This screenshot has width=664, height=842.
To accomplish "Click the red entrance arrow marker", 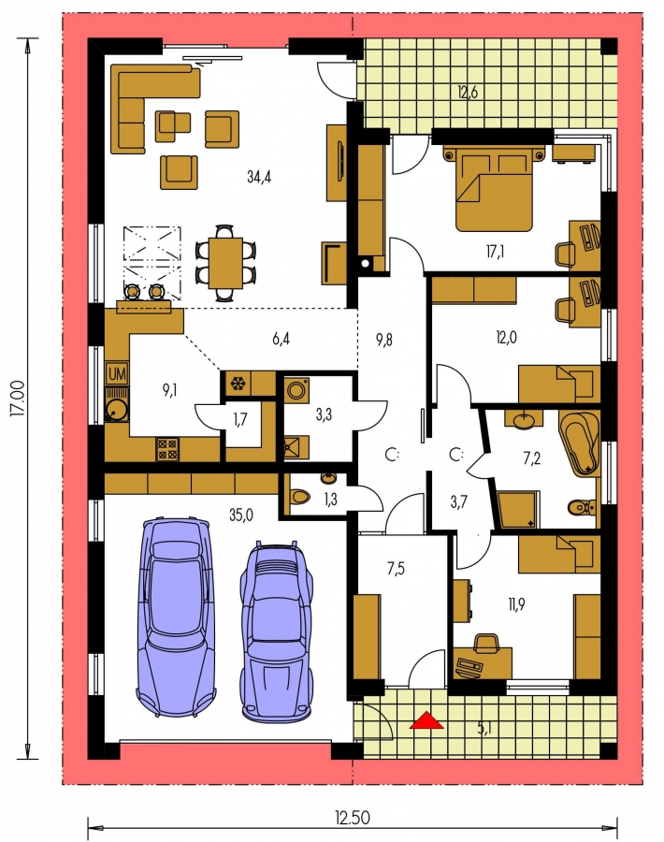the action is [426, 720].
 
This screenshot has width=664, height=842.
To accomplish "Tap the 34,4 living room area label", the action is [259, 177].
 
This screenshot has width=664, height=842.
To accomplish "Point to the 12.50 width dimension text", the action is [353, 818].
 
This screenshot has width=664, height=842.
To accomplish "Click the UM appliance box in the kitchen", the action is [117, 373].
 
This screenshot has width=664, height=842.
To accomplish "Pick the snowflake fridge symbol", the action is [237, 384].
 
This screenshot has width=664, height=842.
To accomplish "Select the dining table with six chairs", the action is [225, 263].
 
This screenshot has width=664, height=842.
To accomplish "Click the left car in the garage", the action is [177, 617].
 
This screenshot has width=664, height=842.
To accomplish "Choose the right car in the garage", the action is [277, 631].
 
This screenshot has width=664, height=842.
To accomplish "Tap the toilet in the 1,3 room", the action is [299, 496].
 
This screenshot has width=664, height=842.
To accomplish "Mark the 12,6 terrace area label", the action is [467, 92].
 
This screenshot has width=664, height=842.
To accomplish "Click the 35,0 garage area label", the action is [241, 515].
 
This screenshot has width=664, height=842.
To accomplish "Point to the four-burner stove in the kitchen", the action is [167, 449].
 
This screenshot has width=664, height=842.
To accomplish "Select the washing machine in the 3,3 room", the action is [296, 389].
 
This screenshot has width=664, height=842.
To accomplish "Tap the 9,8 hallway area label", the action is [383, 339].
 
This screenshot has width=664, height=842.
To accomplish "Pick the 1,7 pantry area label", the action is [240, 419].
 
